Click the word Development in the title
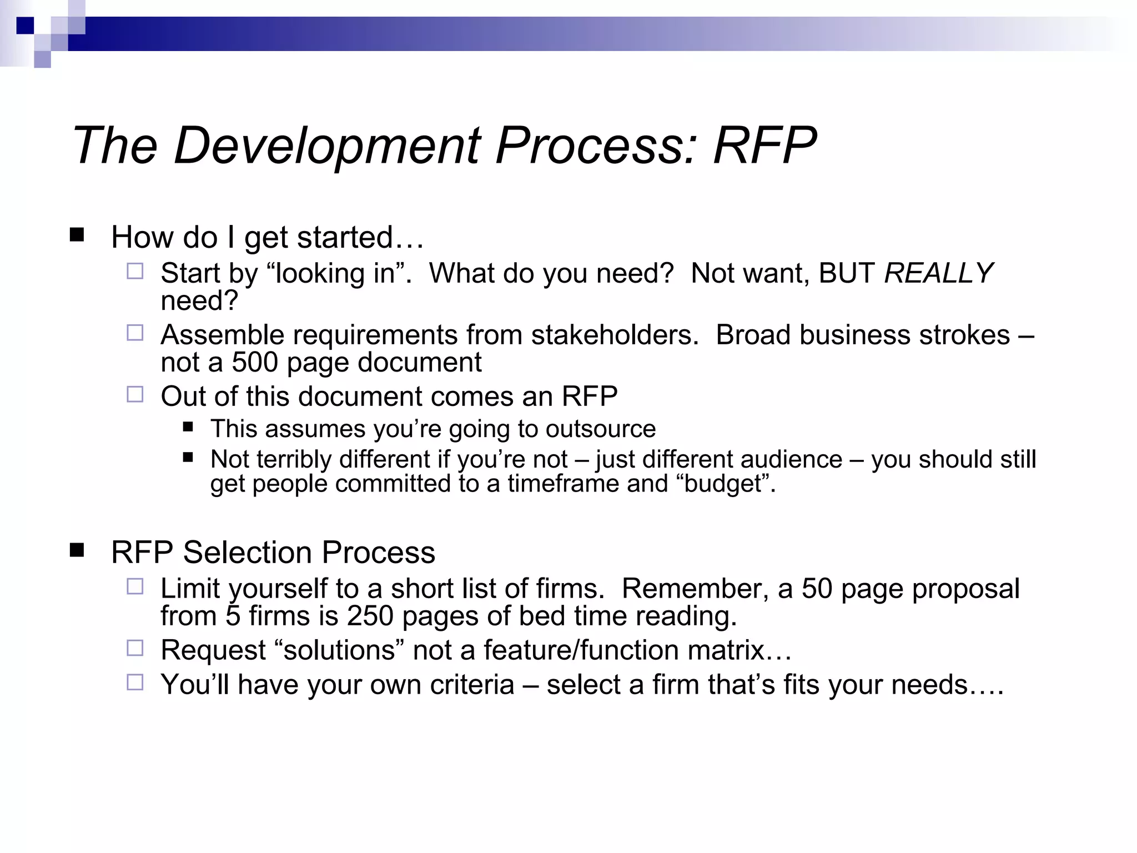pos(326,145)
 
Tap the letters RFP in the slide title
pos(764,145)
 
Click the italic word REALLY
pos(938,273)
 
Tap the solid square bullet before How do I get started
pos(77,235)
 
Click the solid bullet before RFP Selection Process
pos(77,550)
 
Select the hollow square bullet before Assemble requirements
pos(135,333)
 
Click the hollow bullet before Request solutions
pos(135,648)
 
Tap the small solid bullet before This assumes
pos(188,427)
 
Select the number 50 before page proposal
pos(817,589)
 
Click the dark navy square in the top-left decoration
pos(25,25)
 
